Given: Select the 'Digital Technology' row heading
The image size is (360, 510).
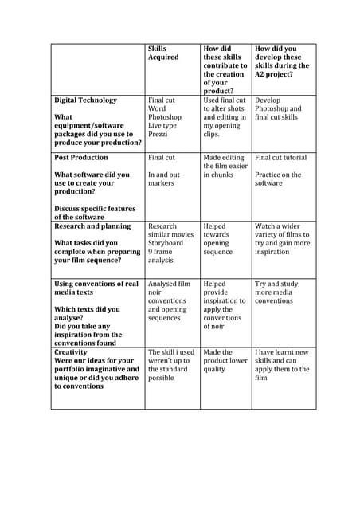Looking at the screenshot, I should [x=85, y=100].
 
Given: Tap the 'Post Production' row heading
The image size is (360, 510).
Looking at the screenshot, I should [x=80, y=158].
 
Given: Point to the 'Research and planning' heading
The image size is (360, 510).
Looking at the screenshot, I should [x=92, y=226].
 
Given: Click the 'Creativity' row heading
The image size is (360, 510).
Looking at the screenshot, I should [x=72, y=351].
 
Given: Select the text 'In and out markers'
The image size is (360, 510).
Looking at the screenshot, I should [x=164, y=178].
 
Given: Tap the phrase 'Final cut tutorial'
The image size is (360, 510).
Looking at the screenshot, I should [x=281, y=158].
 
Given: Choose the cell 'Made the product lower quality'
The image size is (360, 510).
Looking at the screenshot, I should [x=224, y=360].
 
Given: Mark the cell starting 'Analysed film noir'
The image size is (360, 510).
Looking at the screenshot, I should [x=170, y=301].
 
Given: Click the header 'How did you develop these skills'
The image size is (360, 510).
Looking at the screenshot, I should [x=281, y=61].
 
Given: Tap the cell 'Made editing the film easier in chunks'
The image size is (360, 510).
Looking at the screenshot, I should [x=224, y=166].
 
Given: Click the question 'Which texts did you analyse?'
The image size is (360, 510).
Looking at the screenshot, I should [x=87, y=314].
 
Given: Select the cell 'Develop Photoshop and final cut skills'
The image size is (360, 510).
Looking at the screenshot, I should [x=279, y=108].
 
